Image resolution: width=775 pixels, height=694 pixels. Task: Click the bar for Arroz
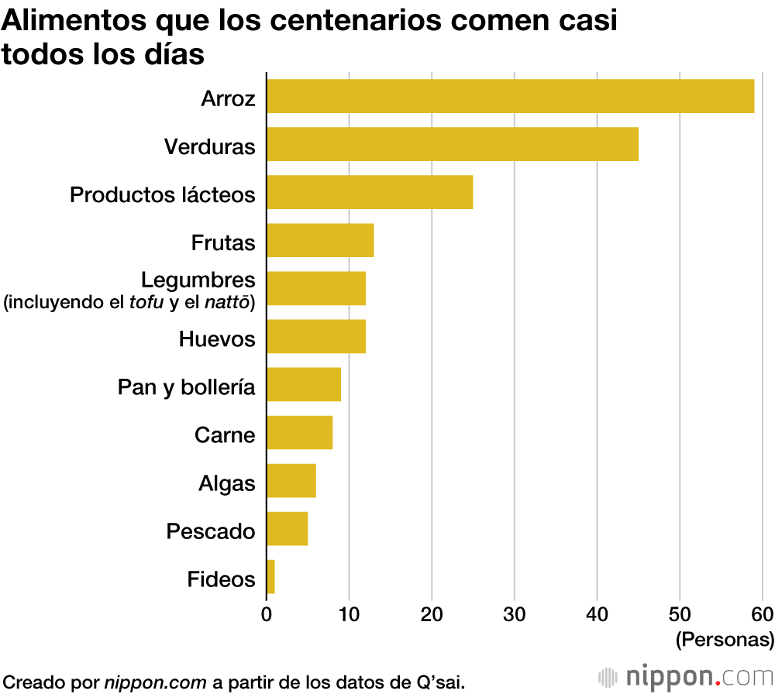click(510, 96)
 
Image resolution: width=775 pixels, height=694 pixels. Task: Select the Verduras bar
click(453, 144)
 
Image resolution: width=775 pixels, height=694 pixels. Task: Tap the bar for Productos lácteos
click(370, 192)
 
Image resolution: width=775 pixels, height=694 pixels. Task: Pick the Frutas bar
click(320, 240)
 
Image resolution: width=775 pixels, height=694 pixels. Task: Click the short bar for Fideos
click(270, 576)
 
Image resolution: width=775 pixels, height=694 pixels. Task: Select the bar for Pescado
click(288, 528)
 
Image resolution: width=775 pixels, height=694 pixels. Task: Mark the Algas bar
click(291, 480)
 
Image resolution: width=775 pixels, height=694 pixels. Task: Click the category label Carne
click(225, 435)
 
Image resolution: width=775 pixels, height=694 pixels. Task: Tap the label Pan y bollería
click(186, 387)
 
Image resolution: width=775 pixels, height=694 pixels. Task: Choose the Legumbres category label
click(198, 280)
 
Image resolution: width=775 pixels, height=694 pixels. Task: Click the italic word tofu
click(146, 301)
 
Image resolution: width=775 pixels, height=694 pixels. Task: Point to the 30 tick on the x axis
click(515, 617)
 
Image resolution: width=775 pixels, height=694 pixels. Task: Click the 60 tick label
click(762, 617)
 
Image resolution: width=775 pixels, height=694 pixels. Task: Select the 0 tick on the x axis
click(267, 617)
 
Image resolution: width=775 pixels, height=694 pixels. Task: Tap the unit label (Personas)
click(725, 640)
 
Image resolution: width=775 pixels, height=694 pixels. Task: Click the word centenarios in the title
click(358, 21)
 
